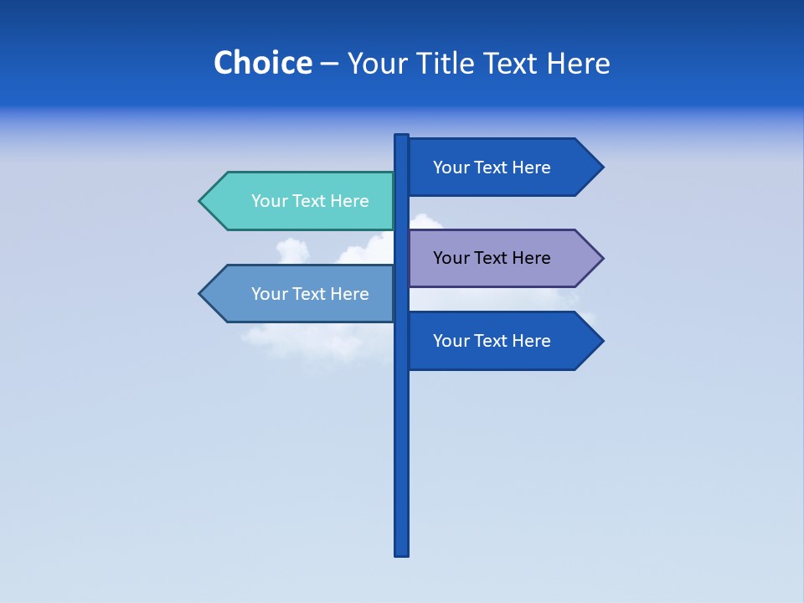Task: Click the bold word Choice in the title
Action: (262, 63)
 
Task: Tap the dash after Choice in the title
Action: (329, 64)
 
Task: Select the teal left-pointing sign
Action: (301, 201)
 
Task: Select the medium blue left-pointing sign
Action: (301, 294)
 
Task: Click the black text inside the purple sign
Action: (492, 258)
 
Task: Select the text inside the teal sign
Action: (310, 201)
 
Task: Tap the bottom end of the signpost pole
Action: (402, 552)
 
